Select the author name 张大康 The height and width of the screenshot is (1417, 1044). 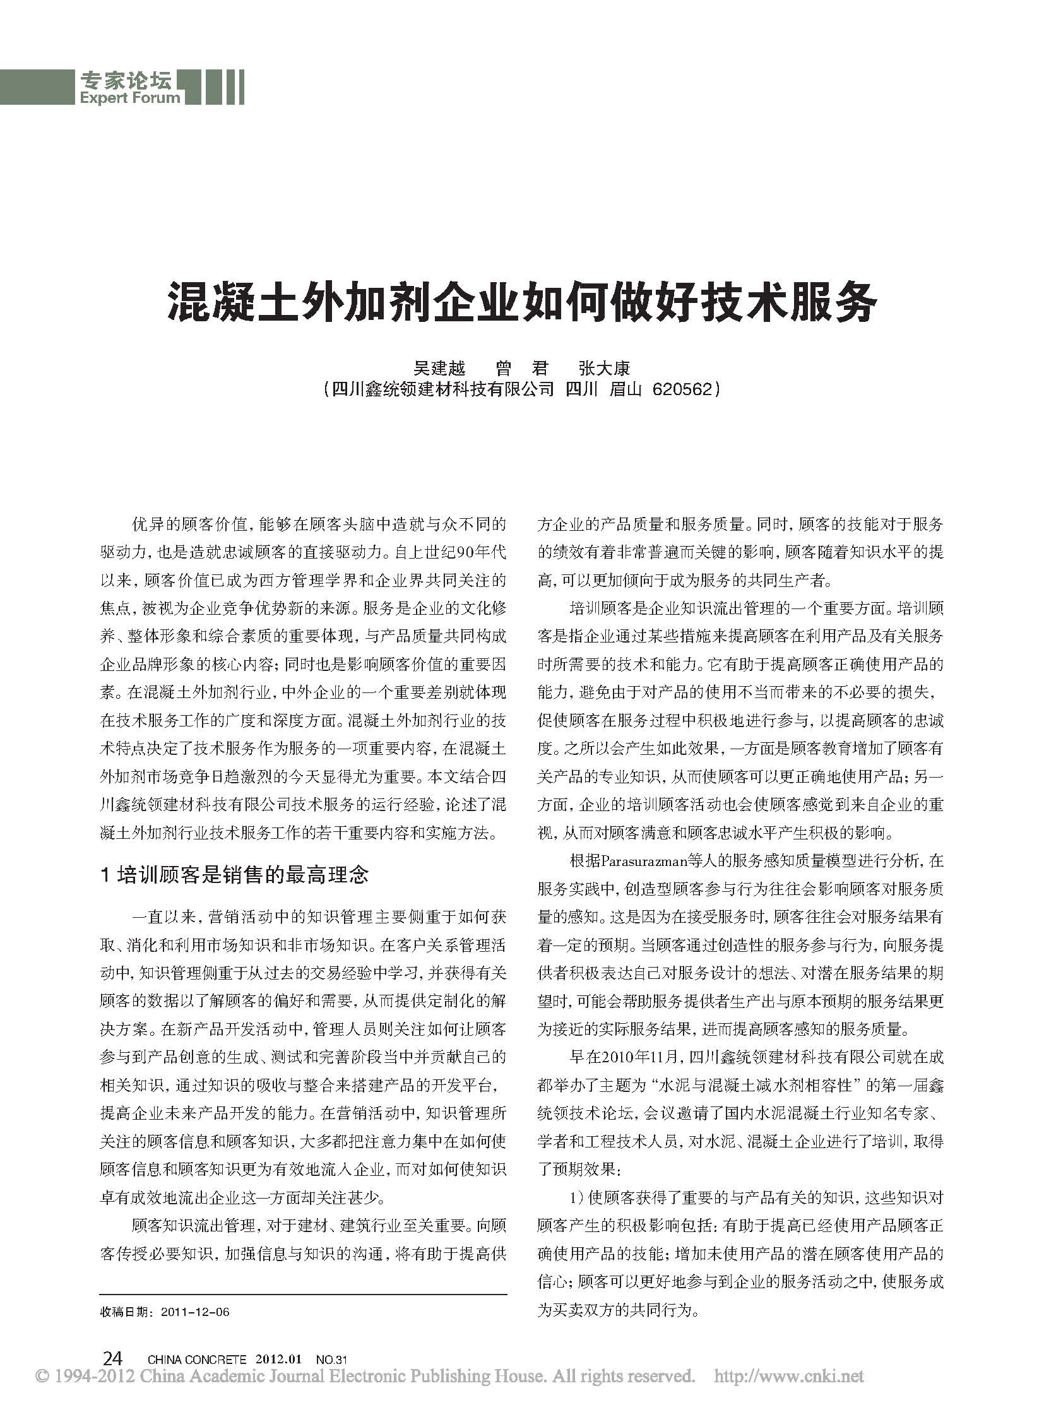click(604, 368)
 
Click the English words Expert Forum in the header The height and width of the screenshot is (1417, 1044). click(130, 98)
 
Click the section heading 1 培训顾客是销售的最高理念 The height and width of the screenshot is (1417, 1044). click(234, 875)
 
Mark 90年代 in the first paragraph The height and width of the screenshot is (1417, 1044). click(480, 552)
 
